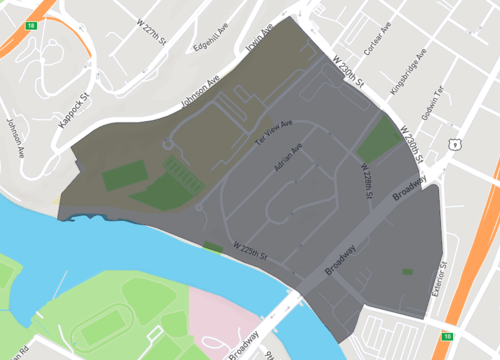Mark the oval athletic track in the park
(98, 326)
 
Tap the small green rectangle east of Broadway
(407, 271)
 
